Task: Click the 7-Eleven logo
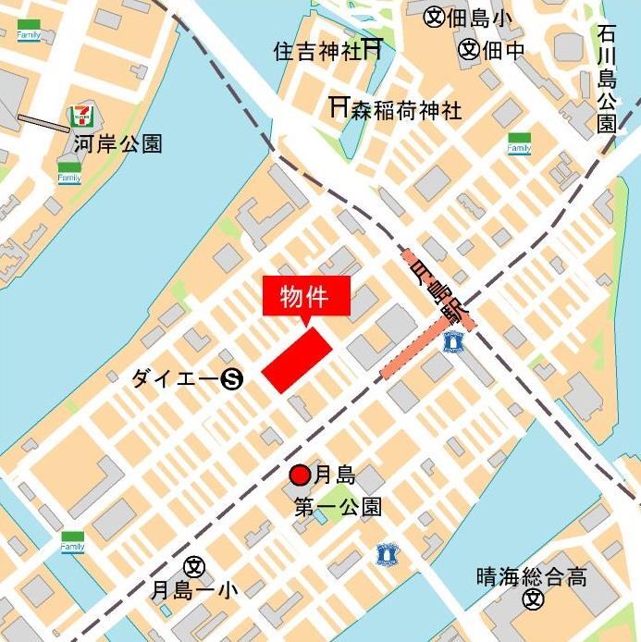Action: click(x=82, y=117)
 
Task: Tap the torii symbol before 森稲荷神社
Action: click(x=339, y=108)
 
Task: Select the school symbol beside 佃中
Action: click(x=469, y=49)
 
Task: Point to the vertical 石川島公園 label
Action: click(x=607, y=80)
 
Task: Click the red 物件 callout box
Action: click(x=308, y=296)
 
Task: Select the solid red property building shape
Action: click(x=297, y=360)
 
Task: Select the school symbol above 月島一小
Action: click(x=194, y=565)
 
